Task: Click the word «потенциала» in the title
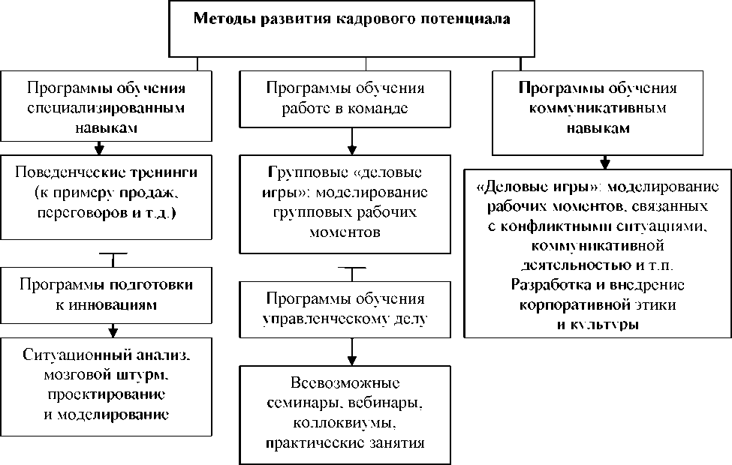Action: [x=466, y=19]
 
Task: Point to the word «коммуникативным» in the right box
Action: [x=598, y=108]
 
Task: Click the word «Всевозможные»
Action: [x=345, y=382]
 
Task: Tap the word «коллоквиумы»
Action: [x=345, y=422]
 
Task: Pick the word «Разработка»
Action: [x=547, y=286]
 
